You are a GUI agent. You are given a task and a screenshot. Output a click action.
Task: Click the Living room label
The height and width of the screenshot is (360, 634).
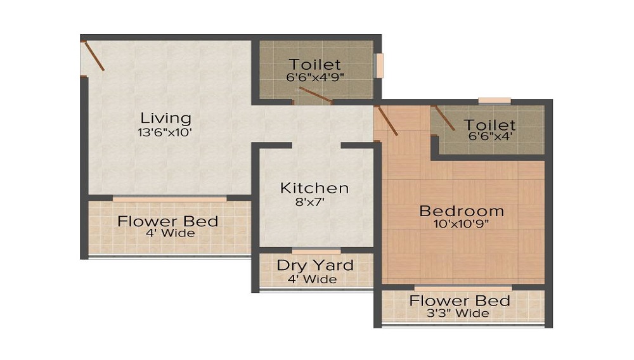coord(165,118)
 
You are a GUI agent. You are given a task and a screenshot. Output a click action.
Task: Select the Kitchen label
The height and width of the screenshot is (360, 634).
coord(314,188)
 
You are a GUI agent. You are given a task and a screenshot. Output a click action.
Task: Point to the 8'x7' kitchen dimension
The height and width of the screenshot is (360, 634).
coord(314,203)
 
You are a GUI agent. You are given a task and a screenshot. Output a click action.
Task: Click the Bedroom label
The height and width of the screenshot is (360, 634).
coord(462,210)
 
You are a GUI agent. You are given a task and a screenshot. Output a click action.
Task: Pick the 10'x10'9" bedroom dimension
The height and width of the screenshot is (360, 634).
coord(462,224)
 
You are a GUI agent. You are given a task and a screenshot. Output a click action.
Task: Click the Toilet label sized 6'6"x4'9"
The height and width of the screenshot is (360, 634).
coord(315,64)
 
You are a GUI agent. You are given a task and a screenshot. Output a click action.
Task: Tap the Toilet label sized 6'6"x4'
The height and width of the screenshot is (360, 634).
coord(489,125)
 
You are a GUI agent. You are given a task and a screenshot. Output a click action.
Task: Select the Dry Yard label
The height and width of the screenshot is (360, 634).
coord(315,265)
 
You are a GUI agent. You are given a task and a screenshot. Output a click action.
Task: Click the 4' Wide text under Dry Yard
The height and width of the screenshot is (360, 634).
coord(315,279)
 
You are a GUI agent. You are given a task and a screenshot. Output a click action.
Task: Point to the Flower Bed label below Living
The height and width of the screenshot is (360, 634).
coord(168,221)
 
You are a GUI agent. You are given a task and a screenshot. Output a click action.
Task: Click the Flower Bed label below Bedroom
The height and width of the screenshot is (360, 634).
coord(460,300)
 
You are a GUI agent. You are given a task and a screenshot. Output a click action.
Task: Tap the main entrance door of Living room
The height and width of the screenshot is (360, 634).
coord(93,56)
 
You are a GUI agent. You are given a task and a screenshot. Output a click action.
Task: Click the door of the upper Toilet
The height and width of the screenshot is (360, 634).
coord(315,95)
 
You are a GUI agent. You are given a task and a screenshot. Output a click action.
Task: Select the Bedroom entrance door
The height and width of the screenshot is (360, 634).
coord(387,121)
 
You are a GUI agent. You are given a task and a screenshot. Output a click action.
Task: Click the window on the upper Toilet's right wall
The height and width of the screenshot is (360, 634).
coord(380,65)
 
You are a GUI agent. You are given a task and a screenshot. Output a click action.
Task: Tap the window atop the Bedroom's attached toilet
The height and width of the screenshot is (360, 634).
coord(495,100)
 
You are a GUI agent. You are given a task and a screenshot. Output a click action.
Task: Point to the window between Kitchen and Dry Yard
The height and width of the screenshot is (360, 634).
coord(316,250)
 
